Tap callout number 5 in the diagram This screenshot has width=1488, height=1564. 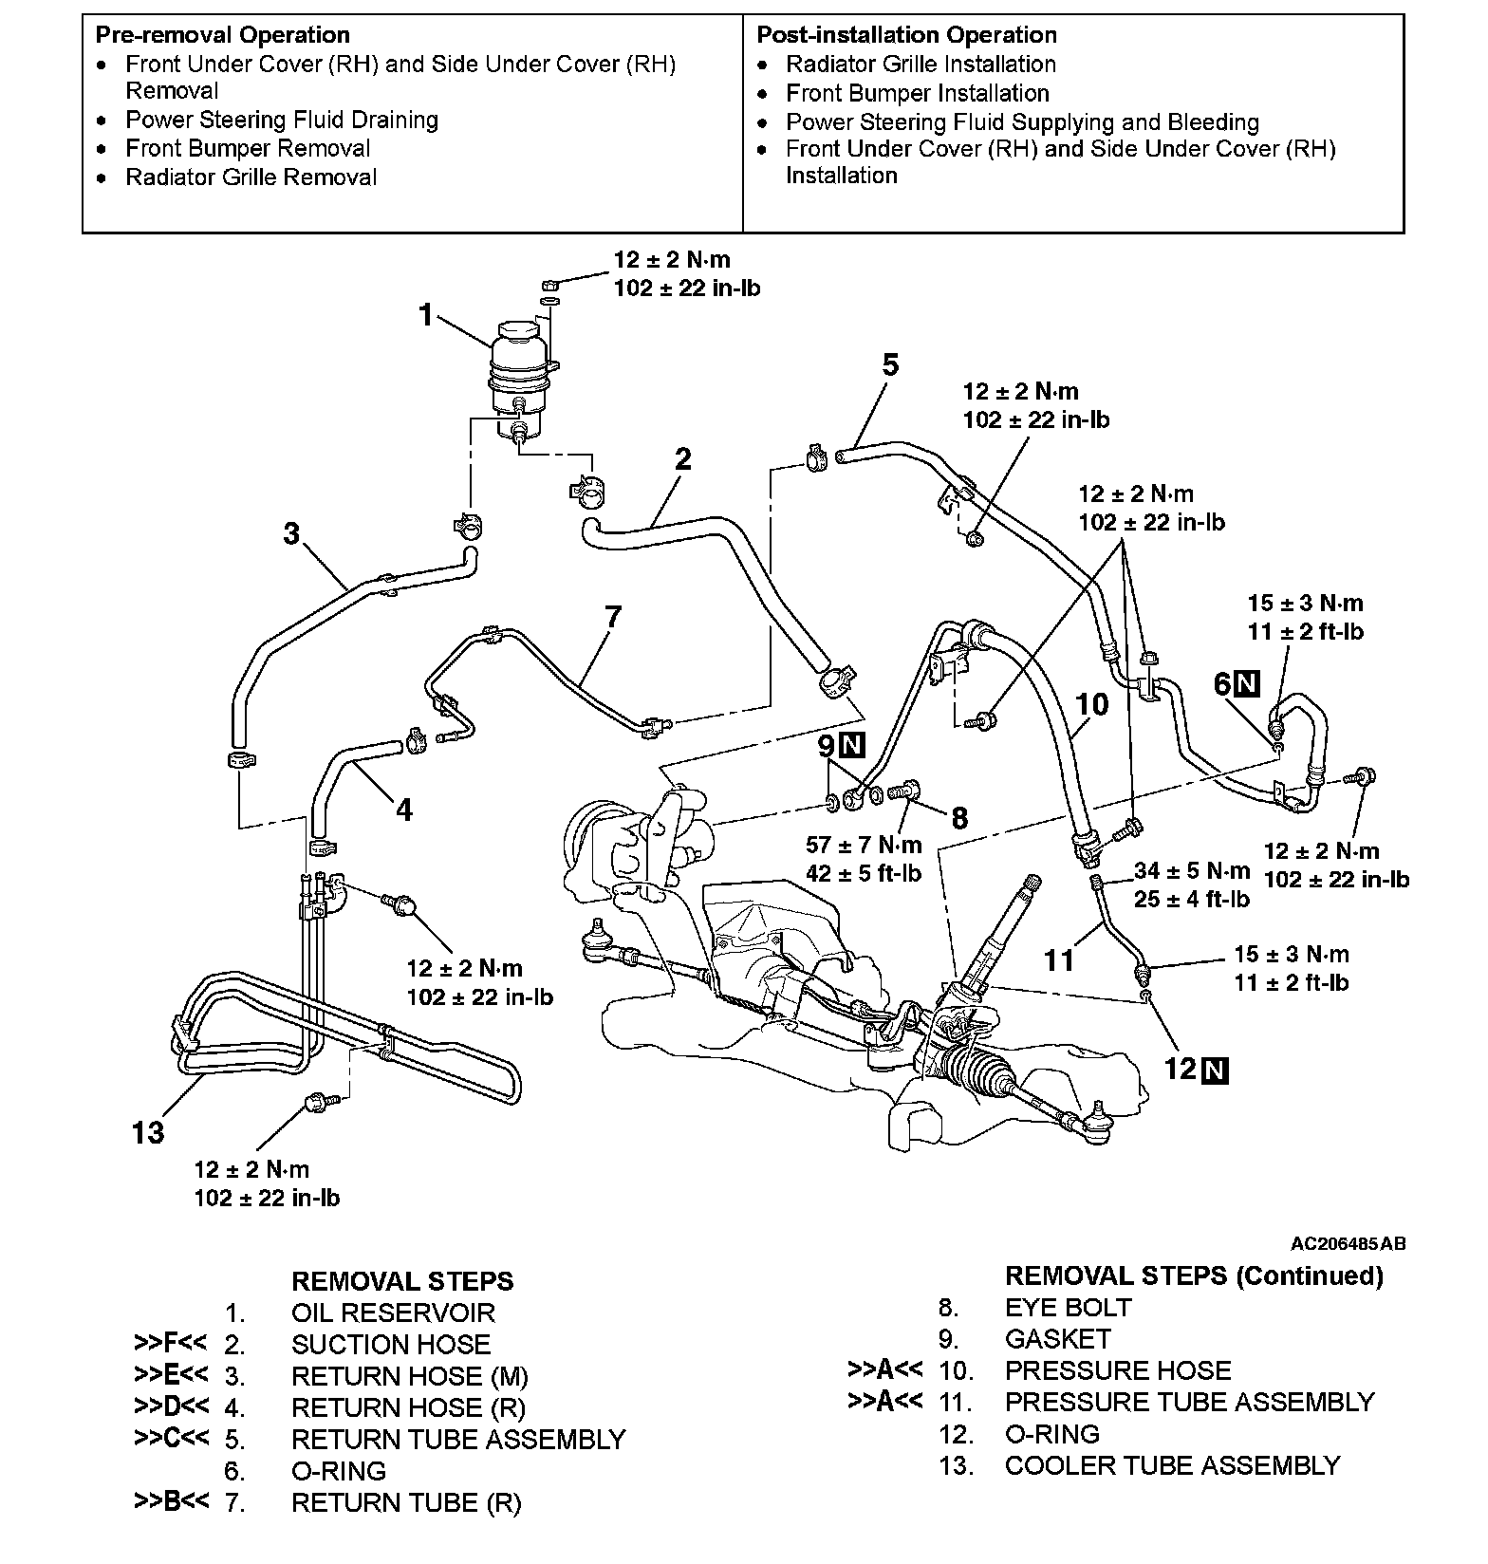(x=889, y=365)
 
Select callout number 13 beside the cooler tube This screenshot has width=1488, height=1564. (x=149, y=1132)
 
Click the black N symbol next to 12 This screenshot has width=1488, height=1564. (x=1215, y=1071)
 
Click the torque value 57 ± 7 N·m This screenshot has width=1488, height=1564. (x=864, y=845)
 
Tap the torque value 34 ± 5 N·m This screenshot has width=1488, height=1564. (x=1192, y=870)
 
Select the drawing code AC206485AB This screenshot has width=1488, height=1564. (x=1348, y=1243)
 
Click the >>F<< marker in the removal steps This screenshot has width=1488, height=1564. (x=171, y=1344)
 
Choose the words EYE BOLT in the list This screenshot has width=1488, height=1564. (x=1068, y=1308)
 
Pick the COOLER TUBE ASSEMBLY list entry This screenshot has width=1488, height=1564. (x=1172, y=1465)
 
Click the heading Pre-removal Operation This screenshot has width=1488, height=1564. (x=223, y=35)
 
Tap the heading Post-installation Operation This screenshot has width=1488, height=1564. (x=906, y=35)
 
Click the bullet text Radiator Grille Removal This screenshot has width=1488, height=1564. (x=251, y=177)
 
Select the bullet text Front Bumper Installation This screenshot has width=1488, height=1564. (x=918, y=93)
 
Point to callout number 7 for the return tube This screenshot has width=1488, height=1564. (x=613, y=618)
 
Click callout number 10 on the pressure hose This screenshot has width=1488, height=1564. (x=1092, y=704)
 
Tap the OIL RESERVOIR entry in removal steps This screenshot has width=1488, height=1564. (x=393, y=1313)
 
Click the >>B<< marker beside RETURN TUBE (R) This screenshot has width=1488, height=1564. (x=171, y=1502)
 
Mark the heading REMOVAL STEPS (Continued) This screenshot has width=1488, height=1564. (x=1194, y=1275)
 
